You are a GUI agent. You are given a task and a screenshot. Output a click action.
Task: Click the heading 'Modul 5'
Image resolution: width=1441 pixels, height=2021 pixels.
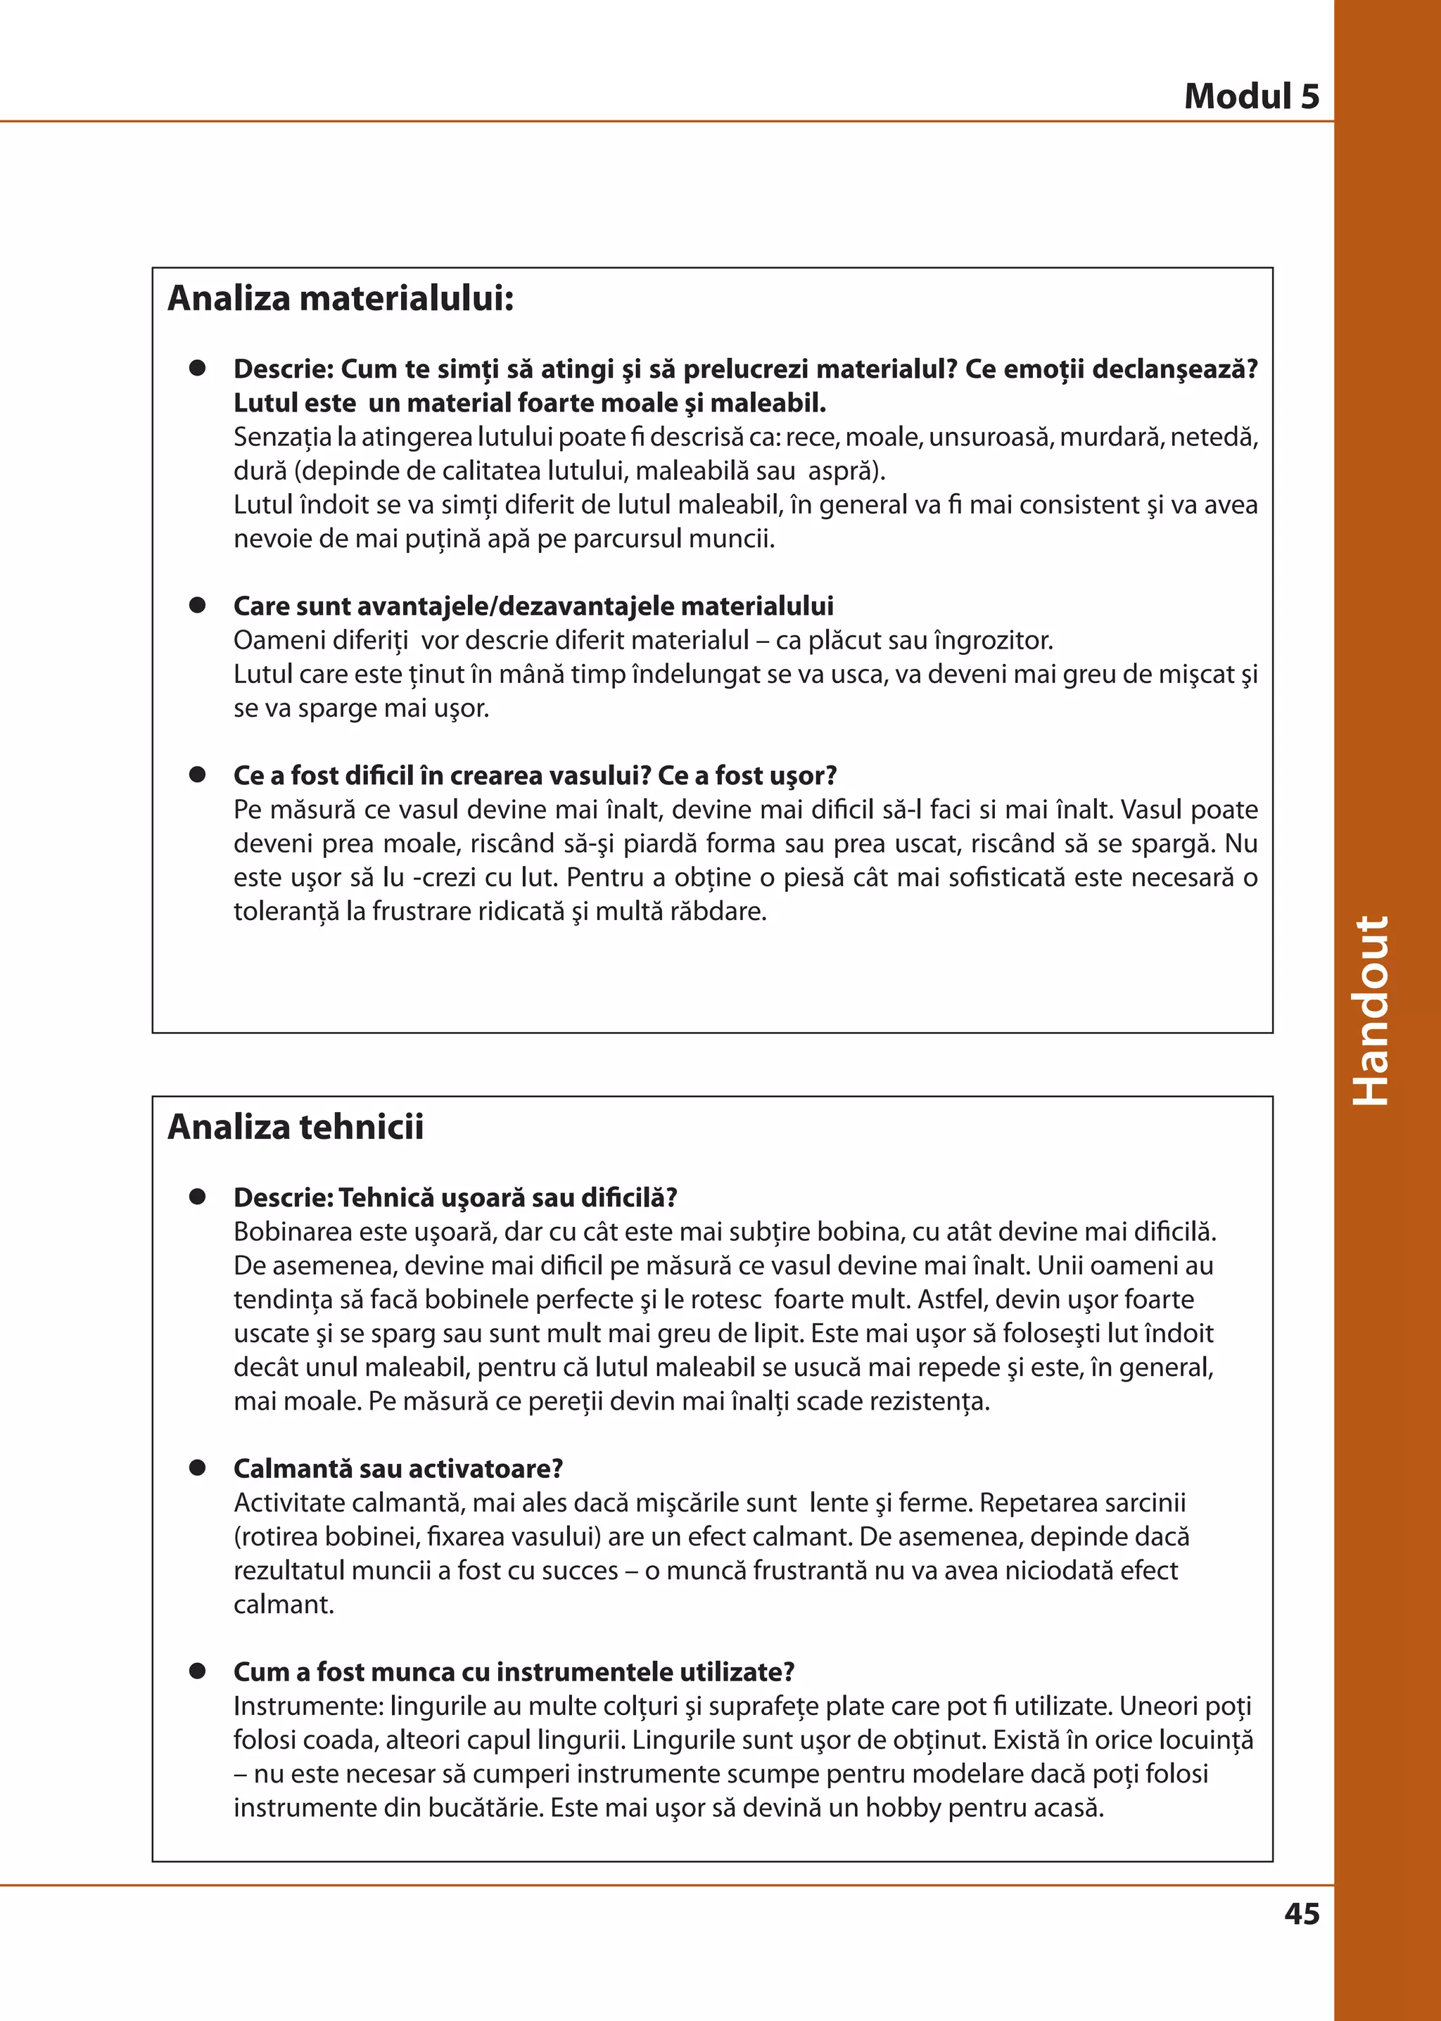pos(1251,96)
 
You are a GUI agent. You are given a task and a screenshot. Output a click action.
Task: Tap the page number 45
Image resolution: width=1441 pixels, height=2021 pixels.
pos(1301,1913)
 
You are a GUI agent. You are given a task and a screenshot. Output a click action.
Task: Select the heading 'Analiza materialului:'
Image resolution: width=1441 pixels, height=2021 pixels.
pos(341,298)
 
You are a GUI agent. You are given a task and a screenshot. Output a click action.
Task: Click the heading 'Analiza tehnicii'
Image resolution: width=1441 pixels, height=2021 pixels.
pos(296,1127)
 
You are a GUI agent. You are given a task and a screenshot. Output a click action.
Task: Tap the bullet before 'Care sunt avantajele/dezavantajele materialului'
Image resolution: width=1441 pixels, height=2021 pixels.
pos(197,605)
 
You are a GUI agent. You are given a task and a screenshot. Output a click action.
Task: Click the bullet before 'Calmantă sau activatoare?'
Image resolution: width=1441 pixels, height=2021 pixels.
pos(197,1467)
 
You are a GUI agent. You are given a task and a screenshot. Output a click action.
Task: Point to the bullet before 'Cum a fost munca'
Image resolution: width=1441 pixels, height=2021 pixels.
pos(197,1671)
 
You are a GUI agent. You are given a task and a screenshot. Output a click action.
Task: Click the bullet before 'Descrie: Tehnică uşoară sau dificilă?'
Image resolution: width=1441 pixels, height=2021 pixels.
pos(197,1197)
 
